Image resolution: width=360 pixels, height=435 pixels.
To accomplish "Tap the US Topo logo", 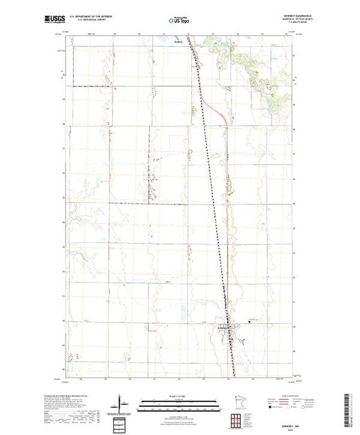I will click(180, 21).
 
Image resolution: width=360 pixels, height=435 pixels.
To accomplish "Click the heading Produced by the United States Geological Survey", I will click(75, 391).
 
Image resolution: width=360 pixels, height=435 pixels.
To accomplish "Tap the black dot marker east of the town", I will click(249, 320).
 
